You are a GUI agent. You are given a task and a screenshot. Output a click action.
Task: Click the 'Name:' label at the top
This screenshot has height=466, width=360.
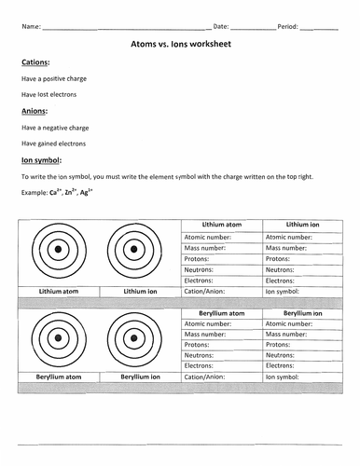tap(31, 26)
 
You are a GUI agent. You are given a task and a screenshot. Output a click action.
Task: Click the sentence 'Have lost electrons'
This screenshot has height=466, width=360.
tap(49, 94)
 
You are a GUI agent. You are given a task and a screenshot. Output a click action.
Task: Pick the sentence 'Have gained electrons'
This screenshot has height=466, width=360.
tap(53, 144)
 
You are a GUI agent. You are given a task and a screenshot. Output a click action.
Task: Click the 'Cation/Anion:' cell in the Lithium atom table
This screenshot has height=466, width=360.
tap(207, 291)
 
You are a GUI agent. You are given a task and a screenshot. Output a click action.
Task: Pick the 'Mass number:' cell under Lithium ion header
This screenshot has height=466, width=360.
tap(288, 249)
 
